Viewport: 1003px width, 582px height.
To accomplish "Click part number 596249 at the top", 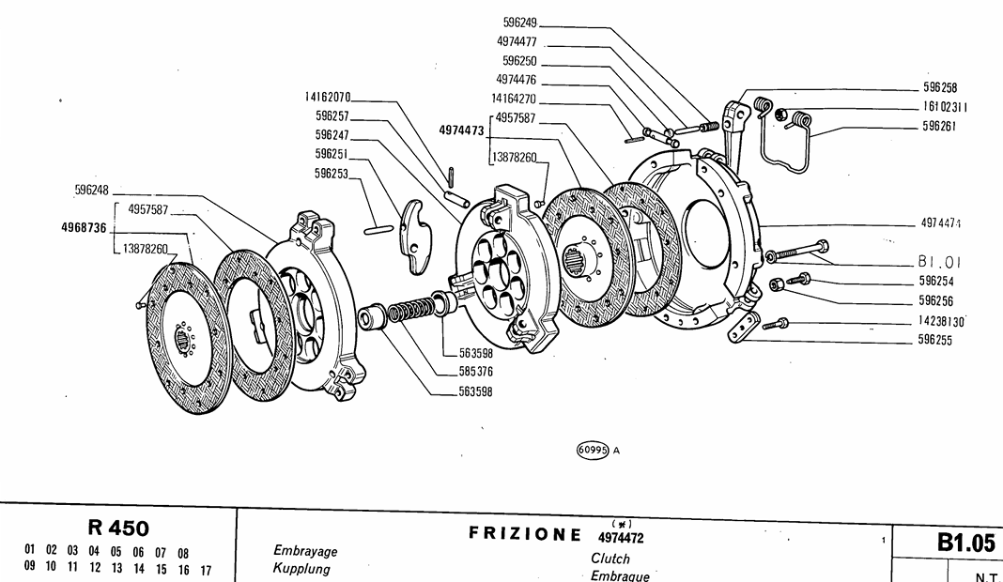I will [519, 22].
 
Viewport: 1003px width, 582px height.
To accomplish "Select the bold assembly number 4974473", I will [461, 131].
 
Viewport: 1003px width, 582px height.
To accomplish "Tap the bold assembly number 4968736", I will [84, 228].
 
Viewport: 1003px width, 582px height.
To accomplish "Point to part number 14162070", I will [327, 97].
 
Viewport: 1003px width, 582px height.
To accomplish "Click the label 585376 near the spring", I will [475, 372].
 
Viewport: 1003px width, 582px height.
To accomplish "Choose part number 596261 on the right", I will [938, 126].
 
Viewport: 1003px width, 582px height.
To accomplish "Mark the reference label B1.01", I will [939, 262].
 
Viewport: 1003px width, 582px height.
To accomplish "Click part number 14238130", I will [942, 321].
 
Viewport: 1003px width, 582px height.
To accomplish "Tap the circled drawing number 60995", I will [593, 450].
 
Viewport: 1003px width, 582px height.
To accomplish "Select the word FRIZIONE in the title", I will [525, 534].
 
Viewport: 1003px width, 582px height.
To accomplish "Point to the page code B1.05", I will [964, 542].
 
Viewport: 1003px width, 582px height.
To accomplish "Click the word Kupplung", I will [301, 569].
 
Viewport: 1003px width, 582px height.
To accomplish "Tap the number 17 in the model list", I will [205, 569].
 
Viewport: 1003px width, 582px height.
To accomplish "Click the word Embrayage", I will [305, 551].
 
